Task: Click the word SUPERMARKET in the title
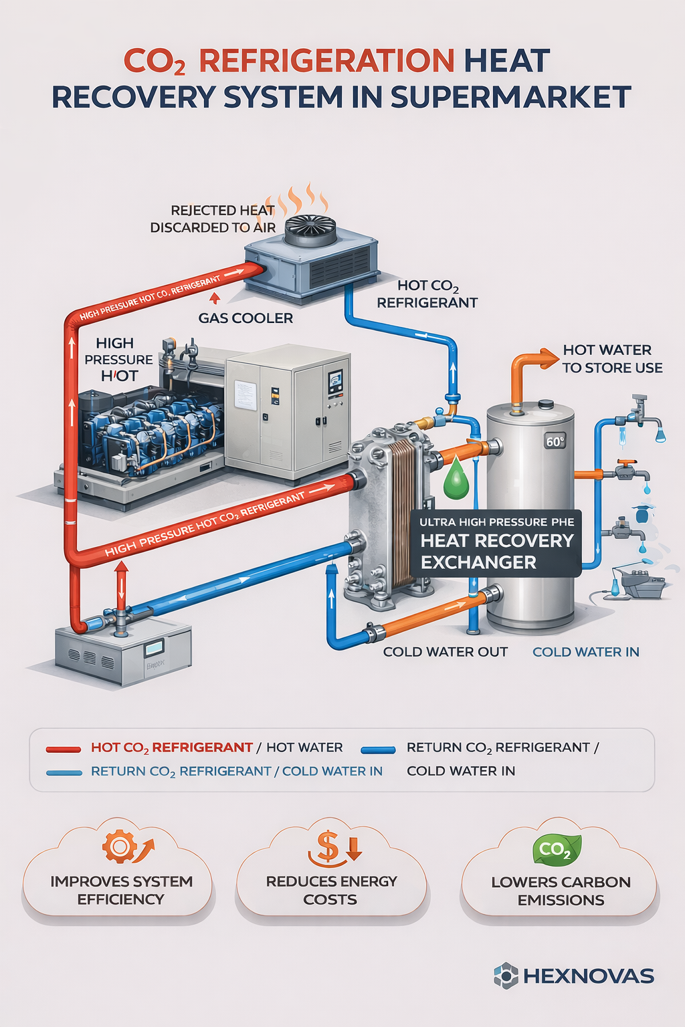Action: (x=510, y=98)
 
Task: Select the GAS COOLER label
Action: (x=246, y=318)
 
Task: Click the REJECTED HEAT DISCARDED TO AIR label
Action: (x=213, y=219)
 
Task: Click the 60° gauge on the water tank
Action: (x=555, y=441)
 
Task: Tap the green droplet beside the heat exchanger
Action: (x=456, y=479)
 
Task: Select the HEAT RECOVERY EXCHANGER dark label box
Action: (x=496, y=544)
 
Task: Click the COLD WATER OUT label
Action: (x=445, y=652)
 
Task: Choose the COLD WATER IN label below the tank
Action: (x=585, y=652)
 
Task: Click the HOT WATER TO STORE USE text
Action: (x=611, y=359)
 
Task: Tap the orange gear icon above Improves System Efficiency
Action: (x=120, y=846)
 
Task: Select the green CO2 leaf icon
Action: (x=556, y=850)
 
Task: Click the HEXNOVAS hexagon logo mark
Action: (x=506, y=976)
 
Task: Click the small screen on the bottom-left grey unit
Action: (x=155, y=647)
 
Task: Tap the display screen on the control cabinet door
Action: (x=334, y=382)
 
